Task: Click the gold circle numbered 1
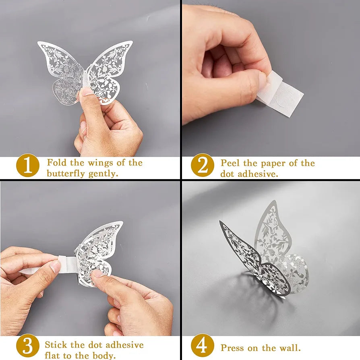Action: [28, 166]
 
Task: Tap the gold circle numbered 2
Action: [203, 165]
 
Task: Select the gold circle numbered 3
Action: [28, 346]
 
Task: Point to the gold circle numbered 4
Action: [203, 346]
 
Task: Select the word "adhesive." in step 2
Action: [258, 174]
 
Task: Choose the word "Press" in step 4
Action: [232, 348]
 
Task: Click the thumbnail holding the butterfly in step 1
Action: [86, 91]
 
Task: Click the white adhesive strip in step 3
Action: [66, 265]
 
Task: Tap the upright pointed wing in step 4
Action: [272, 232]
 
